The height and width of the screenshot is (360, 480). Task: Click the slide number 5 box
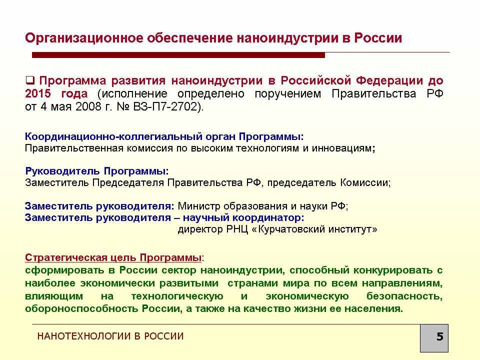434,338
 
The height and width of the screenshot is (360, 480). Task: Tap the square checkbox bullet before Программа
29,80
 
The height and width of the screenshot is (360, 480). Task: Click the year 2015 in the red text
37,93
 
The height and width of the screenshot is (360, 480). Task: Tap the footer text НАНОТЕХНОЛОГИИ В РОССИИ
110,336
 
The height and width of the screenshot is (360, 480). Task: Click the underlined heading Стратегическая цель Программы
113,257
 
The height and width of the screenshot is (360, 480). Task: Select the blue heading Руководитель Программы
96,171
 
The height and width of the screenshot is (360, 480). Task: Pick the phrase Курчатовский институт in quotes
314,229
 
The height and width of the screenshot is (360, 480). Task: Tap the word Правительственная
74,148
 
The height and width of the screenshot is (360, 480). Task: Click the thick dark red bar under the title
178,55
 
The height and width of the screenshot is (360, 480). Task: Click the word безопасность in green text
404,296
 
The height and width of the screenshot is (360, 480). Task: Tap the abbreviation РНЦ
237,229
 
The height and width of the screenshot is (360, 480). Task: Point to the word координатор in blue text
268,217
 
